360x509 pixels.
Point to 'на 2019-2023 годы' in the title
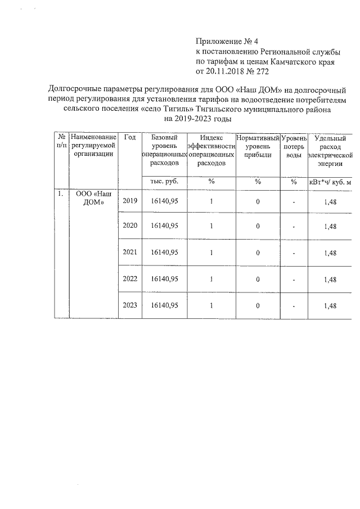tap(197, 119)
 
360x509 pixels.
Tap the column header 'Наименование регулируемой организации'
tap(93, 146)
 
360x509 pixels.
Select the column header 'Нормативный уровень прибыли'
tap(258, 146)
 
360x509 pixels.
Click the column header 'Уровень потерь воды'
tap(294, 146)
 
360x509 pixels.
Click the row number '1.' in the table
tap(60, 193)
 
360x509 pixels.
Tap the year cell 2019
tap(130, 201)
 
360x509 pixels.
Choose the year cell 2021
tap(130, 253)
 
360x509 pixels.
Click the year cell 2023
tap(130, 305)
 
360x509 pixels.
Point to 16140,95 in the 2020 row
tap(165, 226)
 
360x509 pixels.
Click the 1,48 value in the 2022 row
tap(330, 280)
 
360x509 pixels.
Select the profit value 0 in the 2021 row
tap(258, 253)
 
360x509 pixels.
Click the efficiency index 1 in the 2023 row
tap(211, 305)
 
